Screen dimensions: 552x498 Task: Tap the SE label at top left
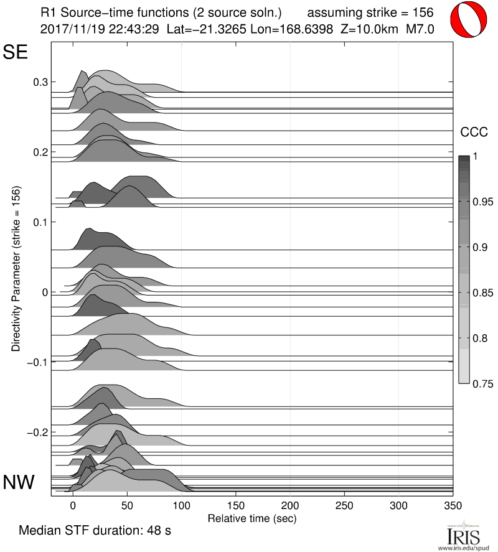pos(16,52)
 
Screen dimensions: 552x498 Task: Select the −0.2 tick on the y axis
pos(38,432)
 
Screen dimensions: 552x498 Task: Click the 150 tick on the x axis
pos(236,505)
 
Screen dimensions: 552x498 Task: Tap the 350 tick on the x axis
pos(453,505)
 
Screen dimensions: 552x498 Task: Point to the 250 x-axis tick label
pos(344,505)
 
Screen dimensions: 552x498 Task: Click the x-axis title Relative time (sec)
pos(251,518)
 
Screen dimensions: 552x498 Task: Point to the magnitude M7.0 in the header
pos(420,29)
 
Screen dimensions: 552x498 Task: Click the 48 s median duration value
pos(158,531)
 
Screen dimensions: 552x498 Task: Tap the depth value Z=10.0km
pos(365,29)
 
